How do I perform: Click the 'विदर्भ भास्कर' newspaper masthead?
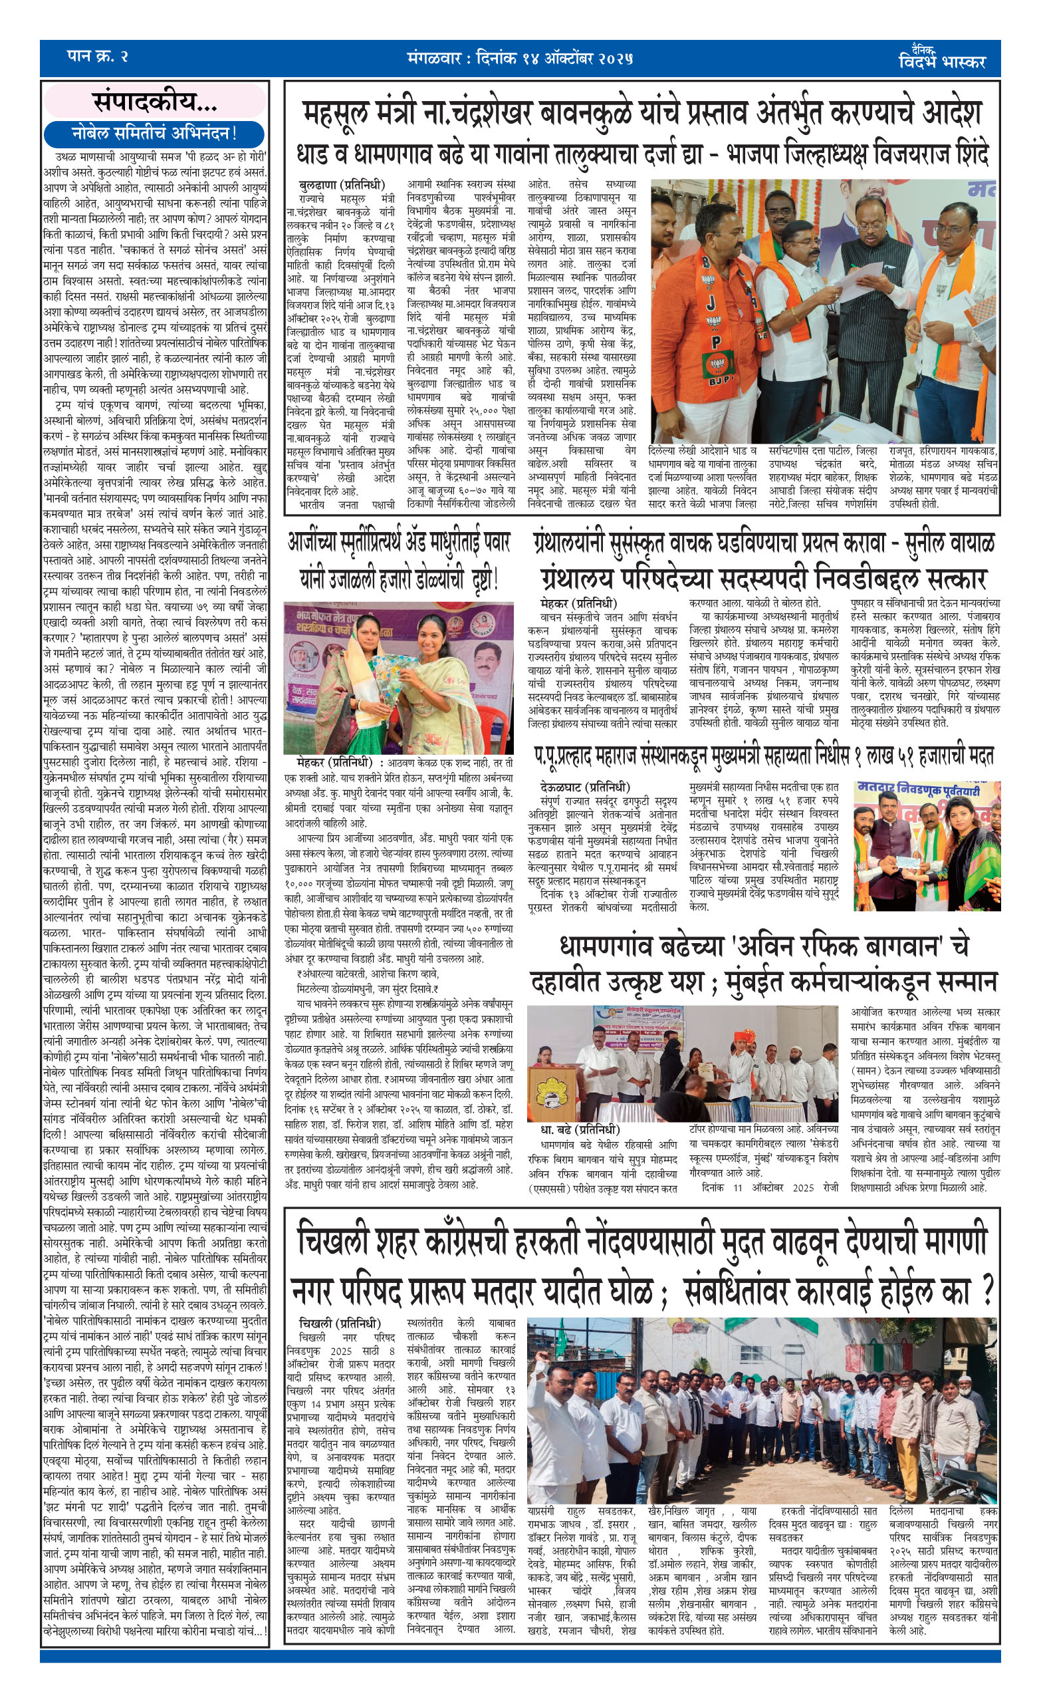click(x=942, y=61)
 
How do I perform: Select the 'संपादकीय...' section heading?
click(x=155, y=103)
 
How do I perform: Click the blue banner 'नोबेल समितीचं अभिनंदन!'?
click(x=154, y=133)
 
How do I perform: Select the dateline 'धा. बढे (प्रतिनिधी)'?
click(x=580, y=1130)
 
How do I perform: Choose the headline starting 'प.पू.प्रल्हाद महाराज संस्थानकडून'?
click(x=764, y=757)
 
